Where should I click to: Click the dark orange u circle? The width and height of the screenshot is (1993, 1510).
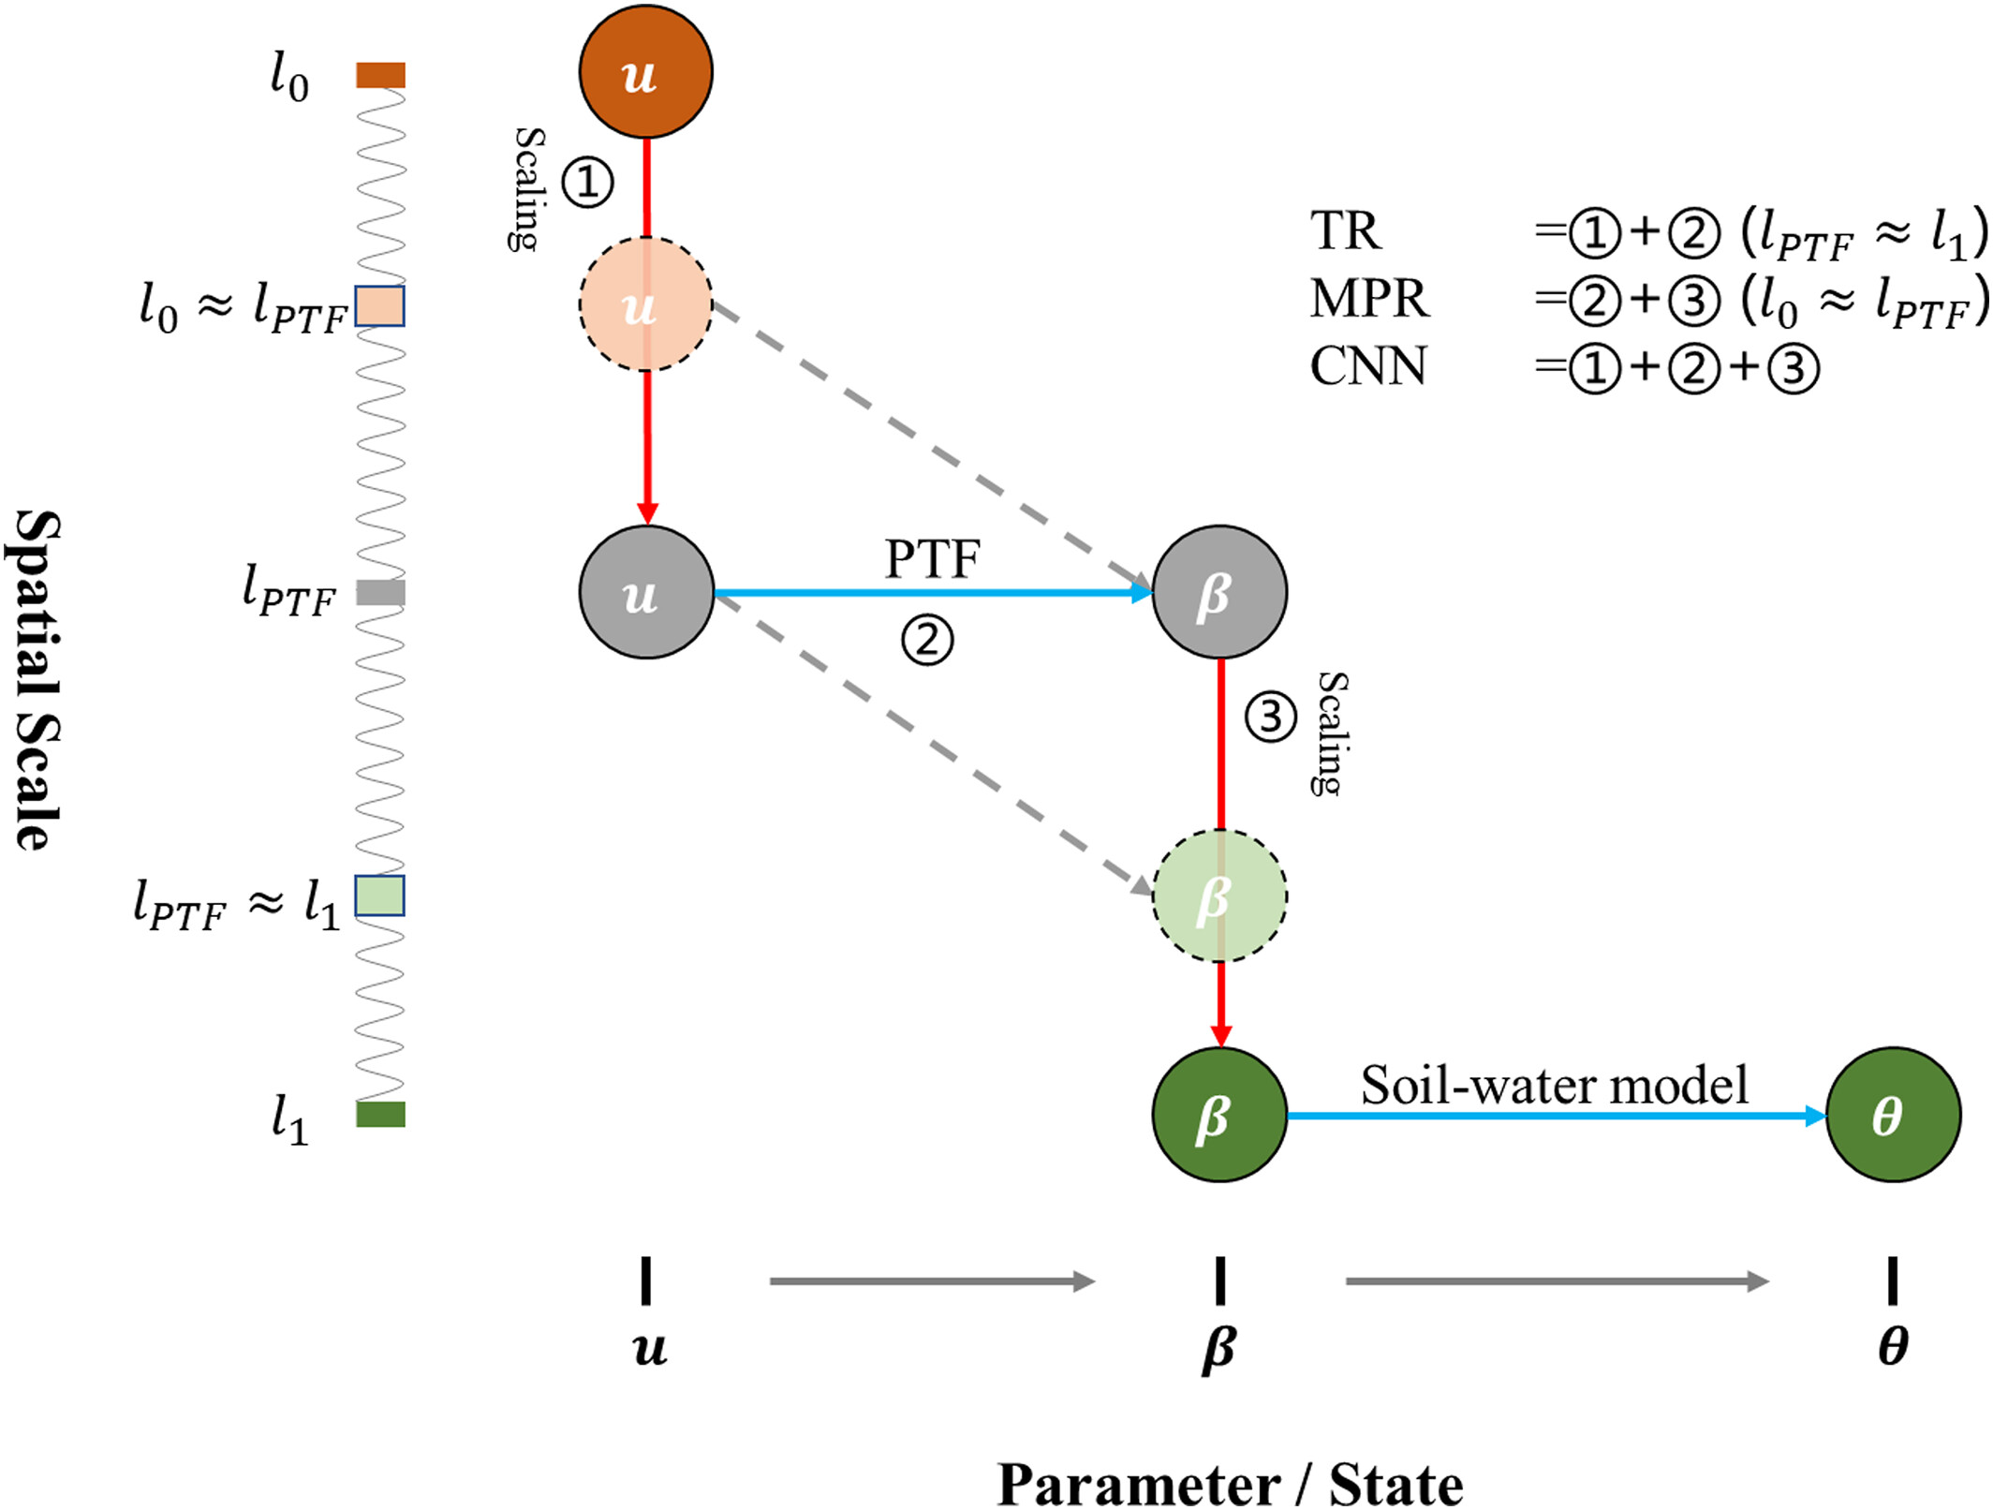(x=645, y=72)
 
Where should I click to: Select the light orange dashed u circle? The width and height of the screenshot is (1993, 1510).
(x=645, y=304)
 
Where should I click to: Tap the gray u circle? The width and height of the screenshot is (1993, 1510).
(x=645, y=592)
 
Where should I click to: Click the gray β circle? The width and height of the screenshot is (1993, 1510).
(x=1218, y=592)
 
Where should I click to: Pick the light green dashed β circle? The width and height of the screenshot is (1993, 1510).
(x=1218, y=896)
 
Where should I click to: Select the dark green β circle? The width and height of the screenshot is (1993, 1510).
(x=1218, y=1115)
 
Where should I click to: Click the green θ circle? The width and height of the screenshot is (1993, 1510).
(x=1892, y=1115)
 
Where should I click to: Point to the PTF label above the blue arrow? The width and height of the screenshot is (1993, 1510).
(x=932, y=559)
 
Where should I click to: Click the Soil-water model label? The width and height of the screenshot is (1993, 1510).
(x=1554, y=1086)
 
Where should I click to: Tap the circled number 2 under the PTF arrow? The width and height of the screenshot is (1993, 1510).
(x=927, y=641)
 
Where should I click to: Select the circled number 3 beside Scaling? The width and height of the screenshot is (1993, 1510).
(x=1270, y=718)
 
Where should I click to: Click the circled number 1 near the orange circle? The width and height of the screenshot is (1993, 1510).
(x=587, y=182)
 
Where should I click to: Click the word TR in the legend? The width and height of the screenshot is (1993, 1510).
(x=1345, y=230)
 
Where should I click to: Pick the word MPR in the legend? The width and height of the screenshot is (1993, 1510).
(x=1368, y=299)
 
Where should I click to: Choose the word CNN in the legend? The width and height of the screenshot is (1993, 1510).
(x=1367, y=366)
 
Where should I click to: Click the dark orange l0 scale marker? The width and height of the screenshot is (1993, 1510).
(x=380, y=75)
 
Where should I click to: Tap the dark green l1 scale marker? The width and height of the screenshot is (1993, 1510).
(x=380, y=1114)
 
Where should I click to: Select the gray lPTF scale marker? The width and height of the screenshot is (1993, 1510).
(x=380, y=592)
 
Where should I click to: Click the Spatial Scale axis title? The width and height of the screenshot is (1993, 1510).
(x=37, y=680)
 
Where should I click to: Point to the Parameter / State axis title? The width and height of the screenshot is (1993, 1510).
(x=1230, y=1485)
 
